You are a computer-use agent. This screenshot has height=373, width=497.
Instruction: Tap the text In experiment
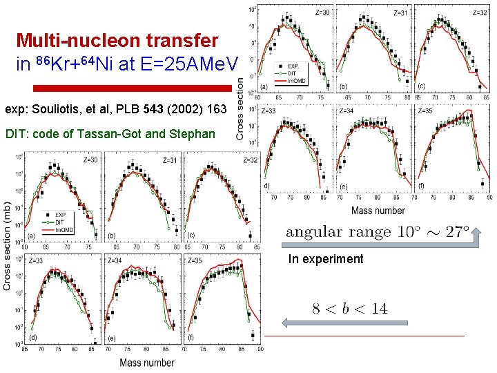[x=326, y=259]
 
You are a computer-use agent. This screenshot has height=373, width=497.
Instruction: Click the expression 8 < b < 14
[x=349, y=309]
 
